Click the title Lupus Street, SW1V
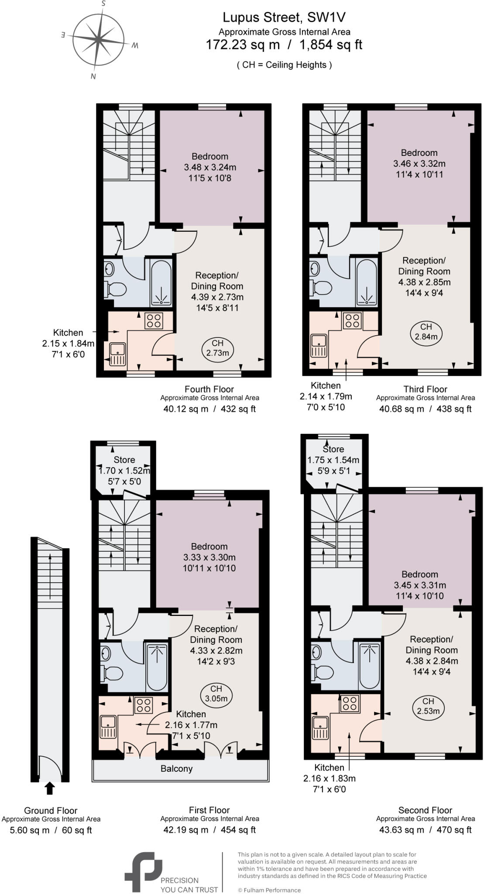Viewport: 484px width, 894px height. (x=284, y=17)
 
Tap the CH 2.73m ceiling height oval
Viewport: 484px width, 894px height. (x=217, y=348)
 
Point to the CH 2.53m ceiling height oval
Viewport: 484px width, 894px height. (x=428, y=706)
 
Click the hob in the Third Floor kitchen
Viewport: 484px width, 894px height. (x=352, y=321)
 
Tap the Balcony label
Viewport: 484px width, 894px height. (x=176, y=768)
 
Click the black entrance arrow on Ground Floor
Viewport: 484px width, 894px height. (x=50, y=788)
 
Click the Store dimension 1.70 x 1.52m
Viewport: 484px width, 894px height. (x=124, y=471)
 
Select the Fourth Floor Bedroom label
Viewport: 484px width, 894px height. (x=210, y=156)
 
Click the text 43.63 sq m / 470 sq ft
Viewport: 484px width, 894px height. (x=425, y=830)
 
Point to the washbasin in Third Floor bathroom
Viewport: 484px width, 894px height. (x=315, y=267)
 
